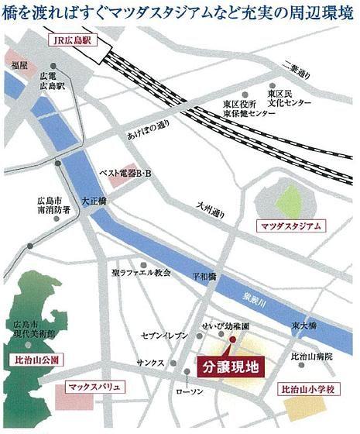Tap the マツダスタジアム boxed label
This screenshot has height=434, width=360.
291,226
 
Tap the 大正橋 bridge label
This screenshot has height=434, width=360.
94,199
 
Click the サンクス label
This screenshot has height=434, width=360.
149,363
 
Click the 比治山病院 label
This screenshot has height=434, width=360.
310,356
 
